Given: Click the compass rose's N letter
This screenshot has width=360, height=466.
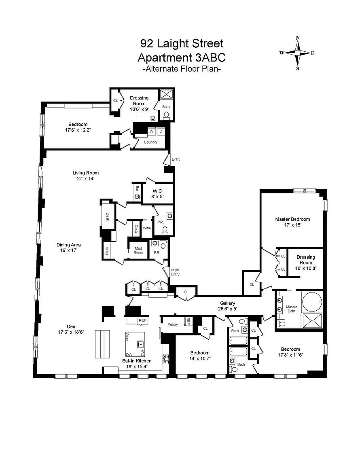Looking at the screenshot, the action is (298, 38).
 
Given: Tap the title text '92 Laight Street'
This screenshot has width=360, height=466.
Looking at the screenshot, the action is (182, 44).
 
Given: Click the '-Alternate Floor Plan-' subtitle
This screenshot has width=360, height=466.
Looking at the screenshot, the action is (182, 69).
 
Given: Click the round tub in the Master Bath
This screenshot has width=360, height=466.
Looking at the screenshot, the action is (312, 301).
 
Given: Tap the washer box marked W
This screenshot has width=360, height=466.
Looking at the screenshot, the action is (152, 131).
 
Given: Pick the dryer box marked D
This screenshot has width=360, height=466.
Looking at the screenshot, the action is (161, 131).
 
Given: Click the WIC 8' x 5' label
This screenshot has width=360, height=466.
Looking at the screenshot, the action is (157, 194).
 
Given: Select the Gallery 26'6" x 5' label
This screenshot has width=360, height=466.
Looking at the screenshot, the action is (228, 306).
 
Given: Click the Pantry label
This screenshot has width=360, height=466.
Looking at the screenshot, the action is (172, 324).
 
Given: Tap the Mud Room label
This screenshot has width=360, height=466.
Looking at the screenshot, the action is (138, 250).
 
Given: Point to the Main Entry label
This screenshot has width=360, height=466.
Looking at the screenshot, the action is (175, 272).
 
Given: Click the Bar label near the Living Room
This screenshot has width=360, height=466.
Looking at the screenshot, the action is (137, 189).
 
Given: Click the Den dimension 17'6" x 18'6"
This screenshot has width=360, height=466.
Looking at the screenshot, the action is (71, 332).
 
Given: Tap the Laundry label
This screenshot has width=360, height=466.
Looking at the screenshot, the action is (151, 142).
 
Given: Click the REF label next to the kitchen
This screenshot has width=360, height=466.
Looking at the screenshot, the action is (142, 320).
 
